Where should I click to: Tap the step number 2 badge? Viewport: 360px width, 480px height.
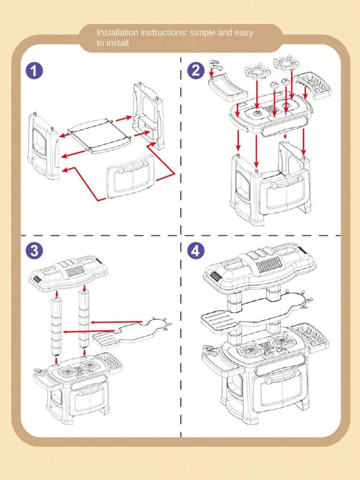point(195,71)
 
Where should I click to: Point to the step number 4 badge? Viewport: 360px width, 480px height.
point(195,251)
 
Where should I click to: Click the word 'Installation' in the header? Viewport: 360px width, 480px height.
point(118,33)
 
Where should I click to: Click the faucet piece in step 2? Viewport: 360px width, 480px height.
point(215,65)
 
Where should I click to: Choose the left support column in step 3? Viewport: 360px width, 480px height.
point(56,326)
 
